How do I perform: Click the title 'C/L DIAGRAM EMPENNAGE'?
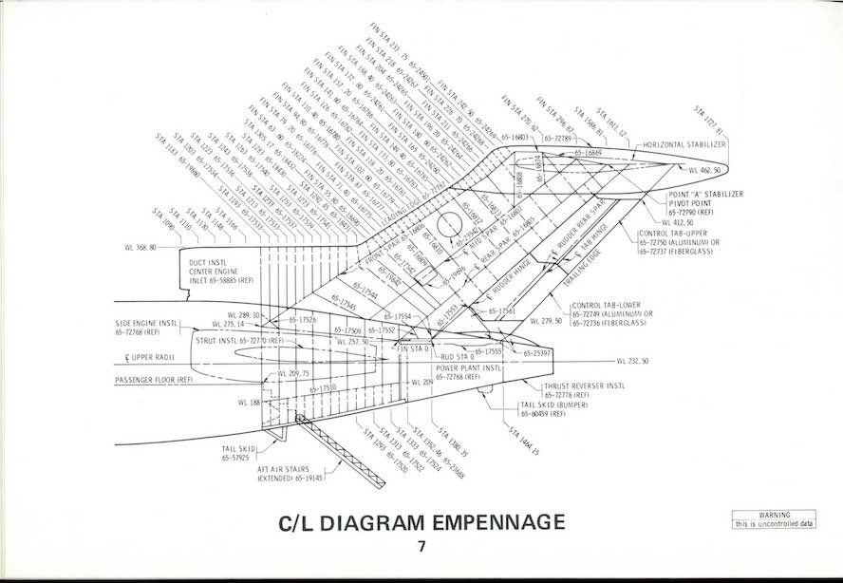coord(421,522)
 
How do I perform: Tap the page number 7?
coord(421,547)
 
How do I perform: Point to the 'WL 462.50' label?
coord(704,170)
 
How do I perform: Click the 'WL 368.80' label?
coord(140,248)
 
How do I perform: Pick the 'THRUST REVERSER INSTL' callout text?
coord(585,386)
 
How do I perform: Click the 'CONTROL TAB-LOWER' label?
coord(609,306)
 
